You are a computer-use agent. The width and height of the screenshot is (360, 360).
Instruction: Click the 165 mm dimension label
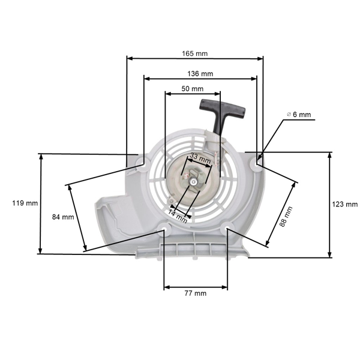195,53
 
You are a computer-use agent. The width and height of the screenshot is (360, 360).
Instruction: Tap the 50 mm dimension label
193,88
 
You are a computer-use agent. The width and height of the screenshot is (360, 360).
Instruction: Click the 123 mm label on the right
344,205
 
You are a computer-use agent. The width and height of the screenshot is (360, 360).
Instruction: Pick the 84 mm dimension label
63,217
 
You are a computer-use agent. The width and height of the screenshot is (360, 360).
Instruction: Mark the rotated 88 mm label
287,216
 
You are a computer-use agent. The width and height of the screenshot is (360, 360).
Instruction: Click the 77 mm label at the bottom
195,293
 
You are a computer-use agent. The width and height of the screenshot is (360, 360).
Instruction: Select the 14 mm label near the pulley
178,216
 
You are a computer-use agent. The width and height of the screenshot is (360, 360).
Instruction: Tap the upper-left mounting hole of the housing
142,161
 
